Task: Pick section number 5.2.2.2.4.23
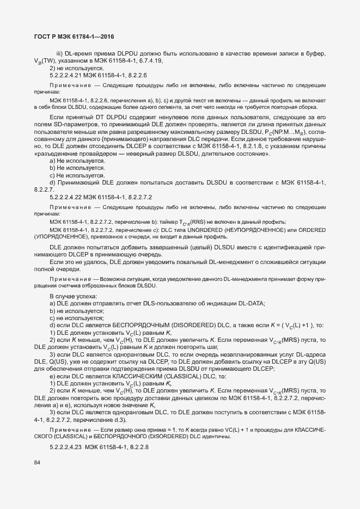tap(71, 447)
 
